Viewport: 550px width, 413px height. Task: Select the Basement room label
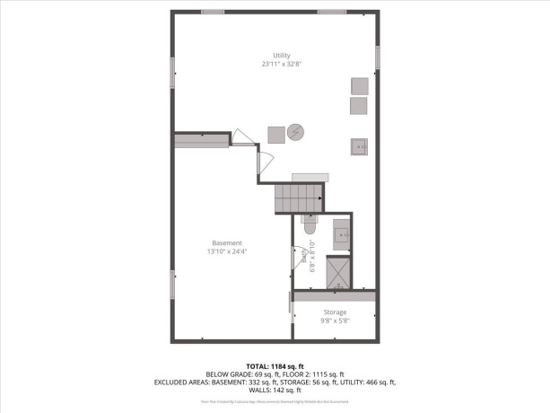[227, 243]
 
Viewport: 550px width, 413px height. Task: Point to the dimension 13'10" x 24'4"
[227, 252]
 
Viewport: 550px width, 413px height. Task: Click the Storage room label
[335, 312]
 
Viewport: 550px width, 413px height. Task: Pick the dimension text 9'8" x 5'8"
[335, 321]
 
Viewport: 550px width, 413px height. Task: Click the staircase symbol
[298, 197]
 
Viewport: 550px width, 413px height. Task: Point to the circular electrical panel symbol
[297, 133]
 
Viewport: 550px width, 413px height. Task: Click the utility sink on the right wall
[360, 146]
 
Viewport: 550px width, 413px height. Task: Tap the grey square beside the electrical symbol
[275, 133]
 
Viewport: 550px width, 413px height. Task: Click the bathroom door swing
[299, 259]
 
